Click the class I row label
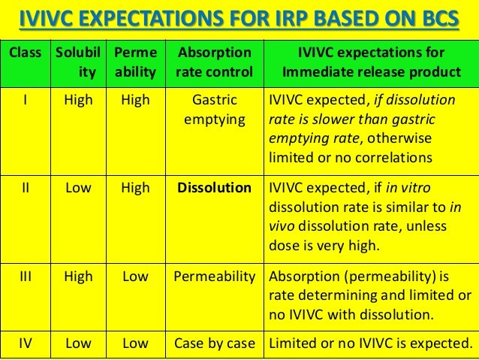point(25,100)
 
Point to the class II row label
point(25,188)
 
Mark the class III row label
point(25,276)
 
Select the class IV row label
point(25,344)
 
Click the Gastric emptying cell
point(214,109)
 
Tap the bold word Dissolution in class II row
point(214,188)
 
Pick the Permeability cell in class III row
point(214,276)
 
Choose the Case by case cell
point(214,344)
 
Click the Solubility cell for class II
point(78,188)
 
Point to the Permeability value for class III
point(135,276)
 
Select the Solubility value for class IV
point(78,344)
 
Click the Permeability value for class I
point(135,100)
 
